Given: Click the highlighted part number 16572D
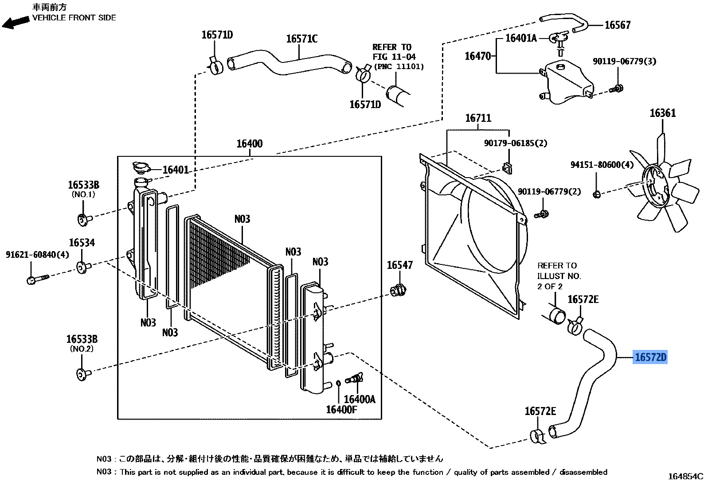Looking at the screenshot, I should (x=650, y=357).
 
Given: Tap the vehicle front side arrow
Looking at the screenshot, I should (x=15, y=22).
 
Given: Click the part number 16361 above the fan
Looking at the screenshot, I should (x=663, y=113).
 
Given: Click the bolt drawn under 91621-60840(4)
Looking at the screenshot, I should (x=37, y=279).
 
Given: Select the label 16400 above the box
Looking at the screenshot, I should (x=249, y=144).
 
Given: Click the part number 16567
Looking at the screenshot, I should (x=618, y=25).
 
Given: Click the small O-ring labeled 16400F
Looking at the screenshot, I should (x=338, y=383).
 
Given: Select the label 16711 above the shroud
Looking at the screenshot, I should (x=478, y=118).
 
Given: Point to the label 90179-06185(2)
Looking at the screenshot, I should (x=516, y=143).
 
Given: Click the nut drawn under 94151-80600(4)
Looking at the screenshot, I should (x=597, y=194).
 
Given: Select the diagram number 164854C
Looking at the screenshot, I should (x=685, y=477).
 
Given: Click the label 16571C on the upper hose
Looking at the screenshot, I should (x=301, y=39).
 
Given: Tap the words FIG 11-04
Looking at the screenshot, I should (x=394, y=57).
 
